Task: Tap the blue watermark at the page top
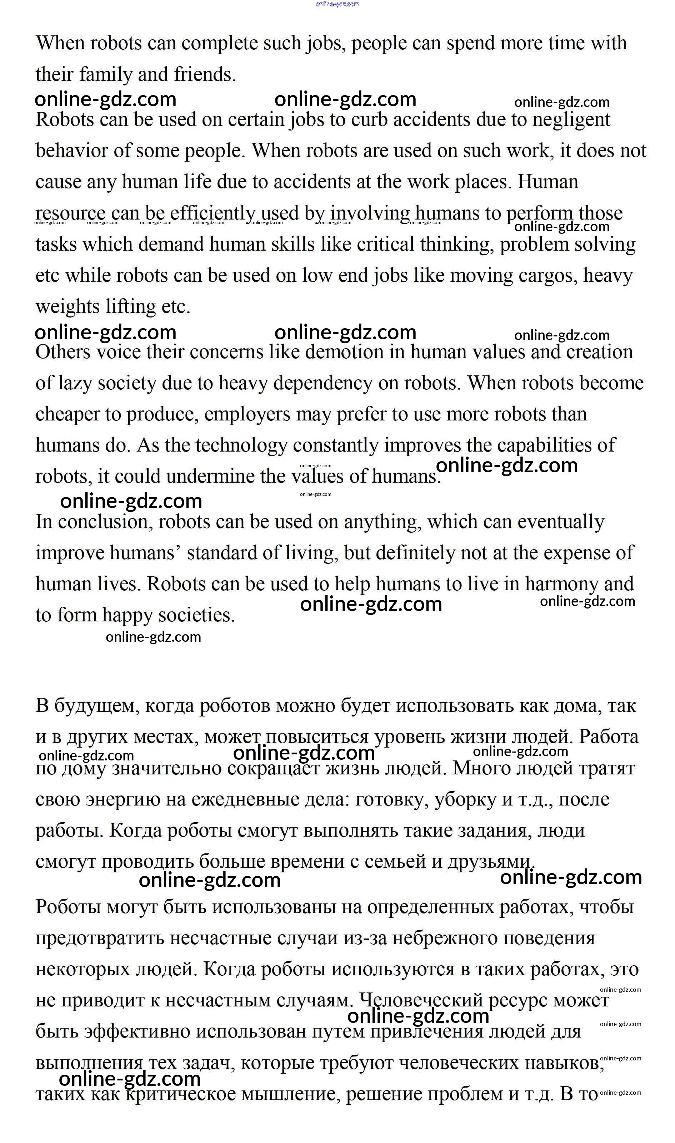click(x=337, y=4)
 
